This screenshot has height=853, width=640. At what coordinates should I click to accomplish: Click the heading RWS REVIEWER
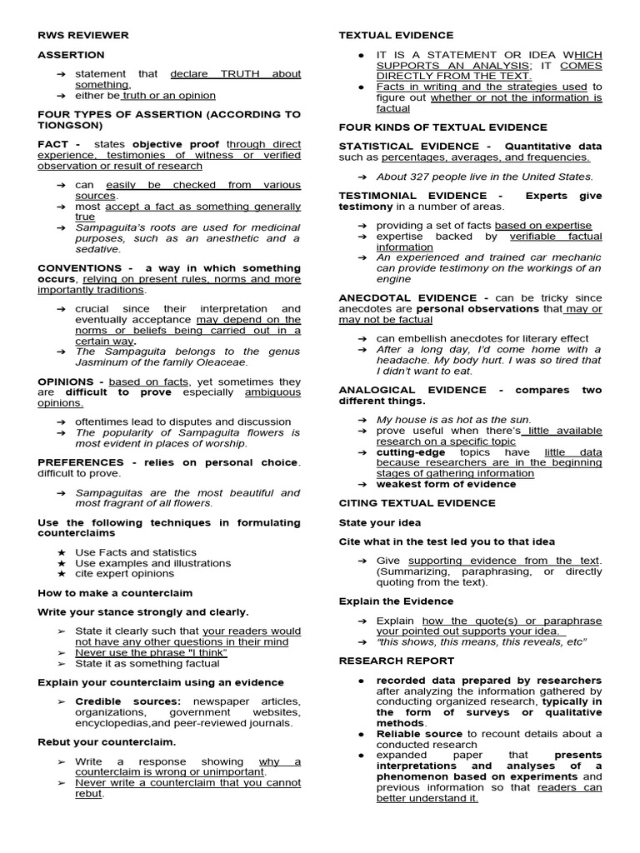click(83, 35)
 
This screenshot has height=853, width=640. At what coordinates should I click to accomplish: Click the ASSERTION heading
click(71, 55)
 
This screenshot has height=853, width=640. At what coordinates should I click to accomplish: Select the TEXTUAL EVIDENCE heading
click(396, 35)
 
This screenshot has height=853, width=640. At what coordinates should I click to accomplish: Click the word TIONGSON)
click(72, 126)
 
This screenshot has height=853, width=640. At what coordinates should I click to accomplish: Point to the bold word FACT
click(53, 144)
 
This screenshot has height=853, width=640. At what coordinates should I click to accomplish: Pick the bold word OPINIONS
click(66, 381)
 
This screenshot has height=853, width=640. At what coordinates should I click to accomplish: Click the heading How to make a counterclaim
click(115, 593)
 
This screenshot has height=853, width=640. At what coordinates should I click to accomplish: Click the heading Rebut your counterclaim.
click(107, 741)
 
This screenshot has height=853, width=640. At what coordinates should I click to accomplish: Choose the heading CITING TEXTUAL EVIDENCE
click(417, 503)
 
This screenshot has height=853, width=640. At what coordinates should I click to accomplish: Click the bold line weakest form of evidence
click(446, 484)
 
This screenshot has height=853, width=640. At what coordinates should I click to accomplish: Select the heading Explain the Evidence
click(396, 601)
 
